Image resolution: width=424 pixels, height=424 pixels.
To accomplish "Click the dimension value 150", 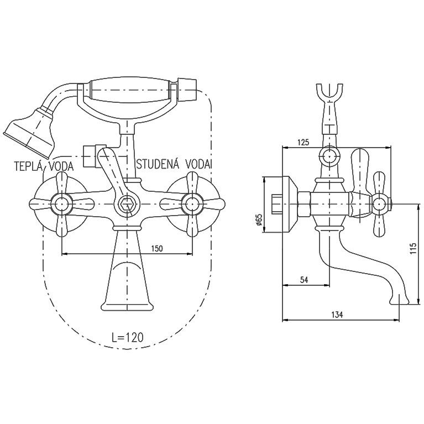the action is point(157,248).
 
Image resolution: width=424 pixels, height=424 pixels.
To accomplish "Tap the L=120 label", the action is point(127,337).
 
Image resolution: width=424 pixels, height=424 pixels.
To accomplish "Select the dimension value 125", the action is point(303,142).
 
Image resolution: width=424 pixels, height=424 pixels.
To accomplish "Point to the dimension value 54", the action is point(305,280).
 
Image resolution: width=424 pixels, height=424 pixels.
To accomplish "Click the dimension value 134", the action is point(337,315).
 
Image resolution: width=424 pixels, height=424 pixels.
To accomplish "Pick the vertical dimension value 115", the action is point(413,249).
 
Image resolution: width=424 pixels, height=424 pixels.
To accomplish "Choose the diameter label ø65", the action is point(259,220).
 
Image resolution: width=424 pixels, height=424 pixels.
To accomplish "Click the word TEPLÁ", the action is point(28,166).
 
